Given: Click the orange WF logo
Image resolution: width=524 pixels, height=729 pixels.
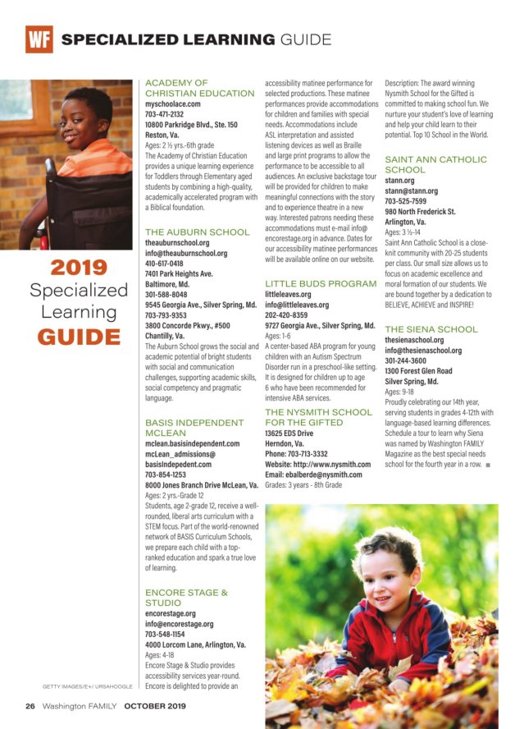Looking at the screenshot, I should click(39, 39).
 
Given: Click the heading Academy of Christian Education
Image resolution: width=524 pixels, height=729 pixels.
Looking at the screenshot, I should click(199, 88).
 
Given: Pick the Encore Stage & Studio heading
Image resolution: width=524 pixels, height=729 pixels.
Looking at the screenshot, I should click(186, 597).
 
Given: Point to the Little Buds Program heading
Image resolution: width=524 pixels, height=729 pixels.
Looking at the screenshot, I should click(321, 283).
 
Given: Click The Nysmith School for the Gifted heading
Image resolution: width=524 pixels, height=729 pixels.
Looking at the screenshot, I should click(318, 417).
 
